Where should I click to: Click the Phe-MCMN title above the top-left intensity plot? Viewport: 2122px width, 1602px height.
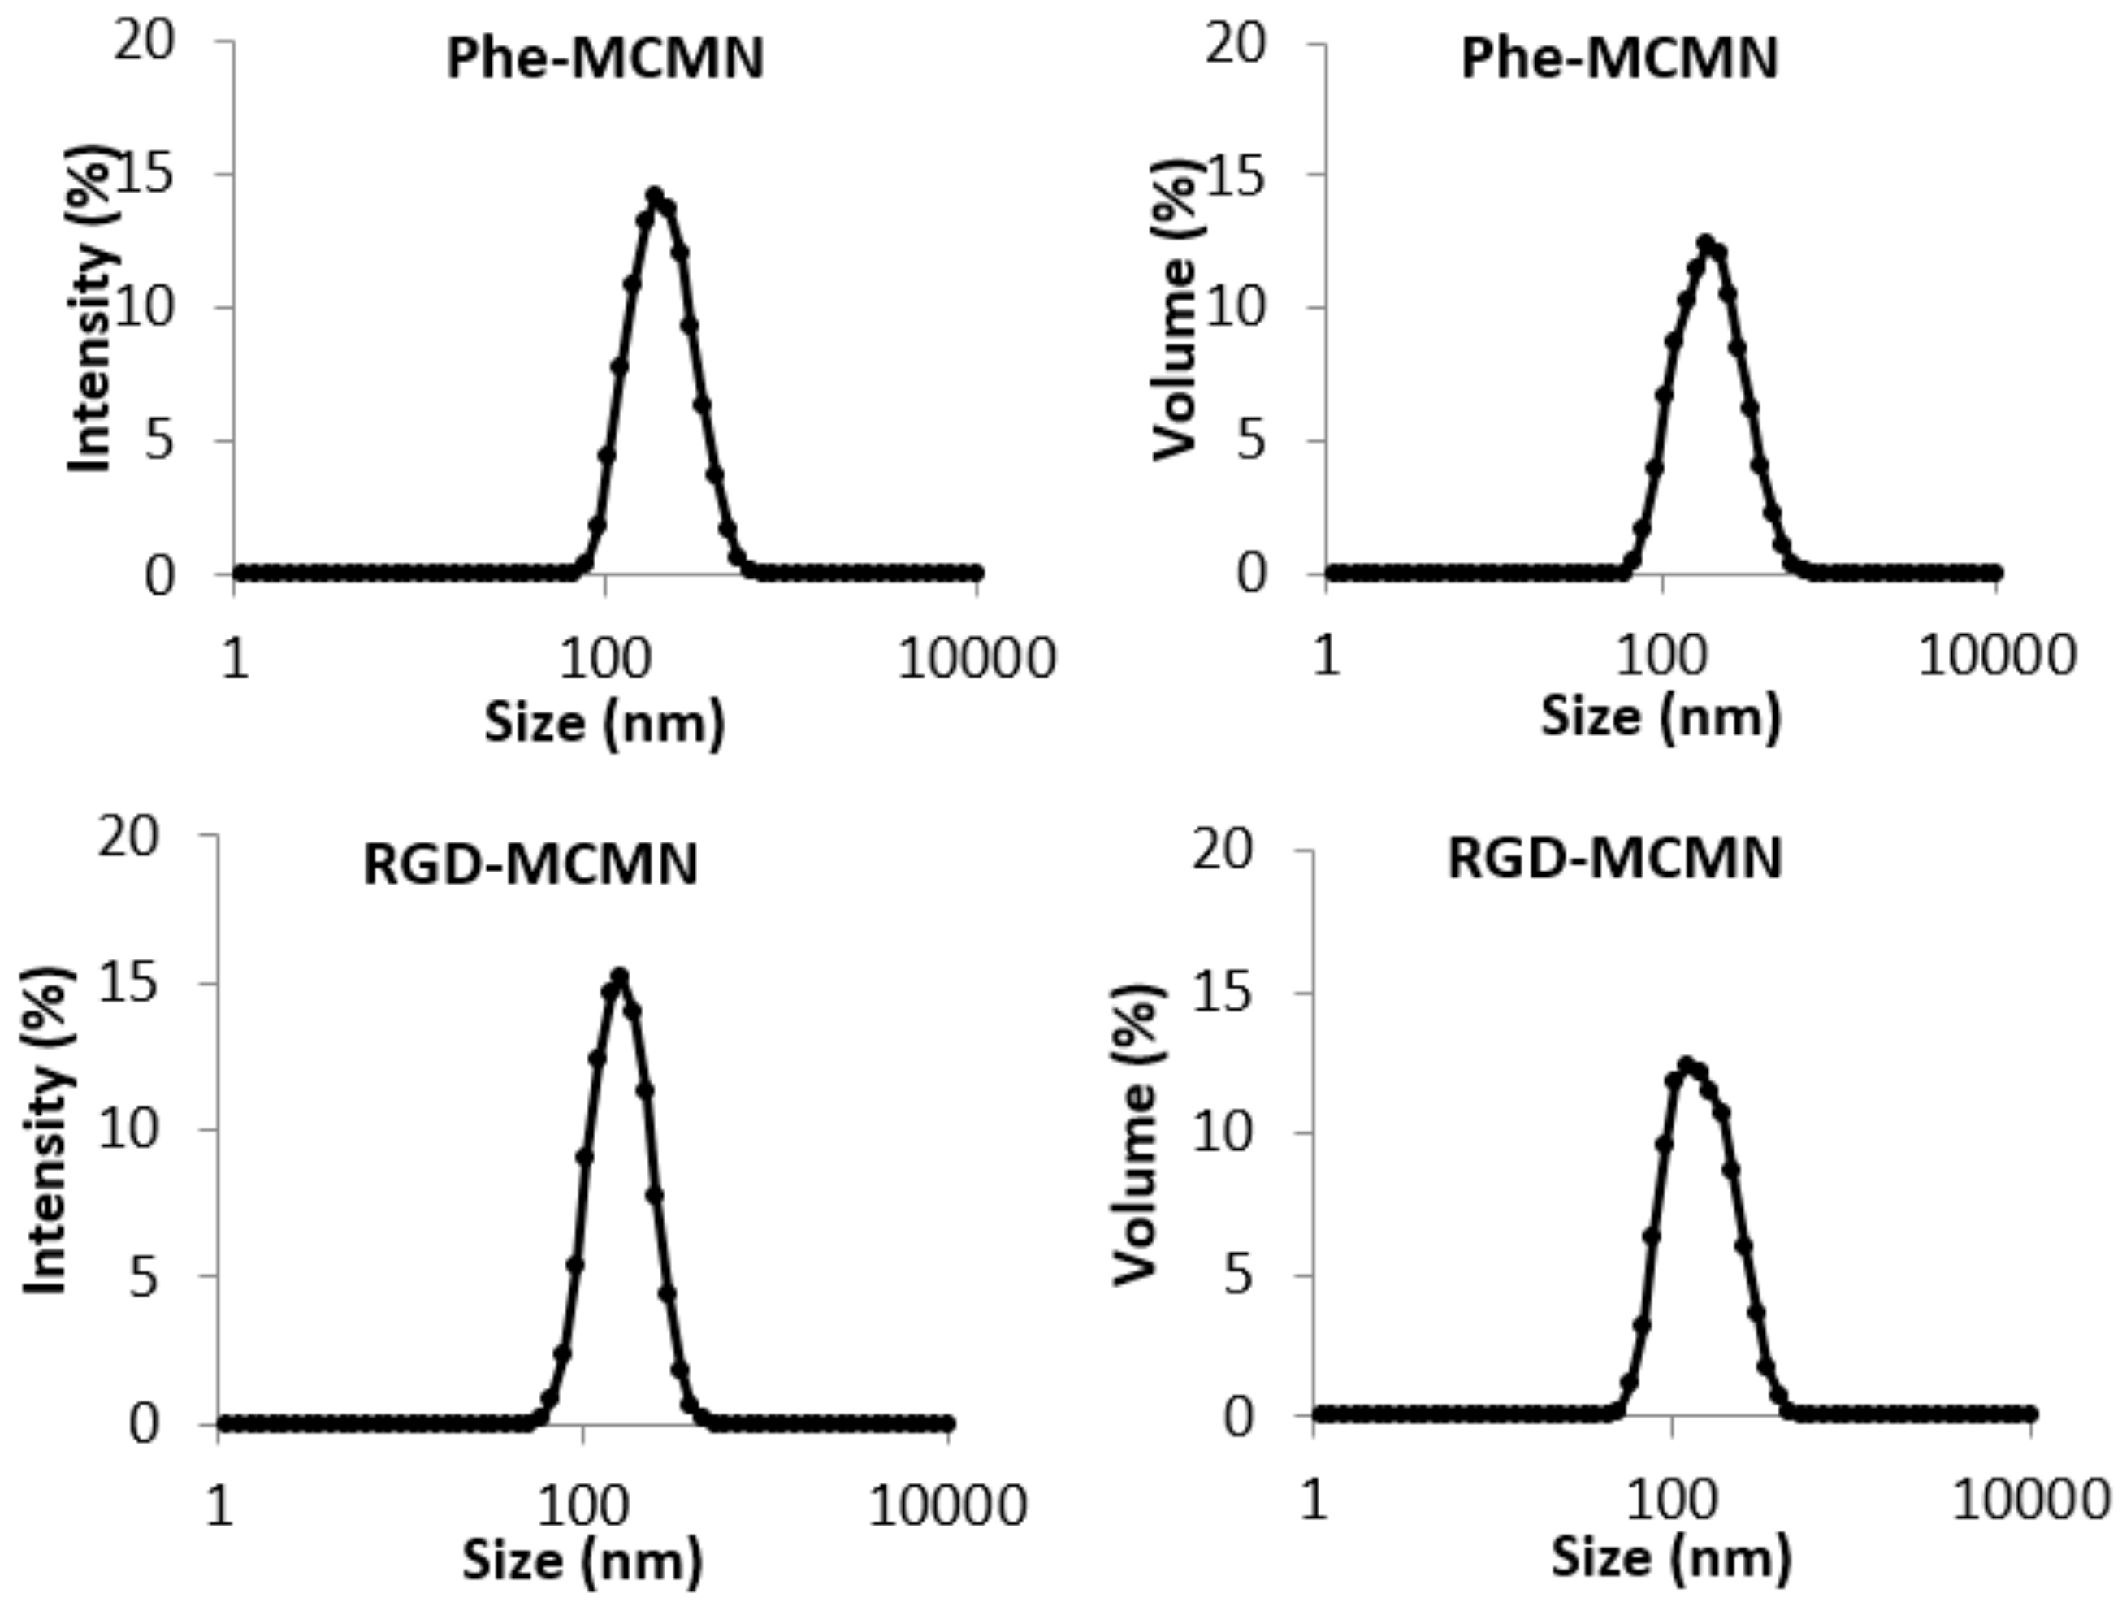[605, 59]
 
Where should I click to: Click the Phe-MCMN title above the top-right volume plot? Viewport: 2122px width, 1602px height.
[1619, 59]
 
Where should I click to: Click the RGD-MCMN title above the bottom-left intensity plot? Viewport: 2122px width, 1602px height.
[530, 864]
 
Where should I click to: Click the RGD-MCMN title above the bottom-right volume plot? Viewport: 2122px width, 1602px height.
[1613, 858]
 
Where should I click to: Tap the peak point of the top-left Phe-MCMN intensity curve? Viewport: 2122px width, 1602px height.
[656, 195]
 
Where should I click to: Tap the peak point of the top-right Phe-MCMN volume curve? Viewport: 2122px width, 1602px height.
[1706, 243]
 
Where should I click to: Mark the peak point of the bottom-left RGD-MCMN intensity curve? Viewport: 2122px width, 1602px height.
[620, 976]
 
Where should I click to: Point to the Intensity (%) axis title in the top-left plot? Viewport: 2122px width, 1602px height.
[92, 309]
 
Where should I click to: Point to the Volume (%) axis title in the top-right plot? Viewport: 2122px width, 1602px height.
[1176, 309]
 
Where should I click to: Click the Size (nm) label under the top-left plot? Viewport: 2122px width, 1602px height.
[604, 722]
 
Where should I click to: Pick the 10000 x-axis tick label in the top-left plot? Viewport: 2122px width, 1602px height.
[976, 659]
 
